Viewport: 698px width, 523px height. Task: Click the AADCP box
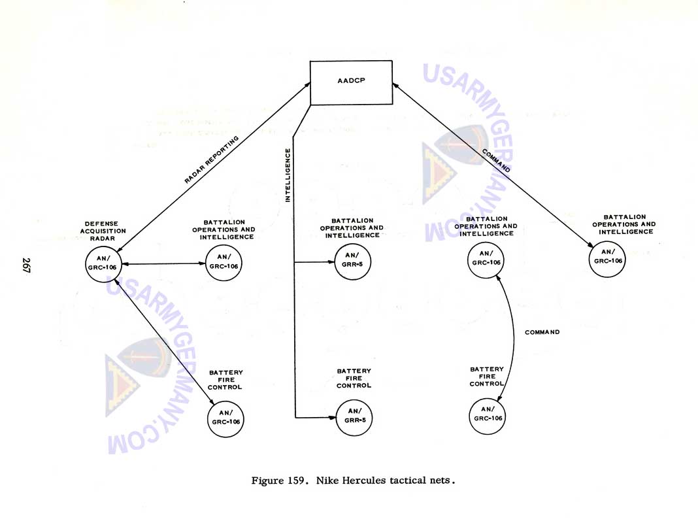click(352, 82)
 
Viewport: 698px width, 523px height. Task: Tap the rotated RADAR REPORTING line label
click(212, 160)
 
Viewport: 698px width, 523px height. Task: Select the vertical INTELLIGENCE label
click(288, 175)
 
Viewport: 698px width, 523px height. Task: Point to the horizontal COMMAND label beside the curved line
click(542, 332)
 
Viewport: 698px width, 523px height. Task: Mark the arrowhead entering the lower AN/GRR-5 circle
click(331, 416)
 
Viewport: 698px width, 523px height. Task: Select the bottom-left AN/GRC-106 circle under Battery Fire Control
click(225, 417)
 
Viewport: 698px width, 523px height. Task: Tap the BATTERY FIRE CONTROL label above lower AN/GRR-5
click(354, 378)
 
